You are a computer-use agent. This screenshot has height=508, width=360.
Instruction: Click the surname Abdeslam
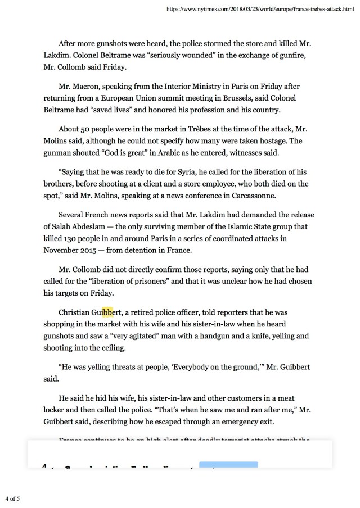[x=82, y=226]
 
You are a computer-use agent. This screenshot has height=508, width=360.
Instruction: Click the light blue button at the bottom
[x=228, y=465]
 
